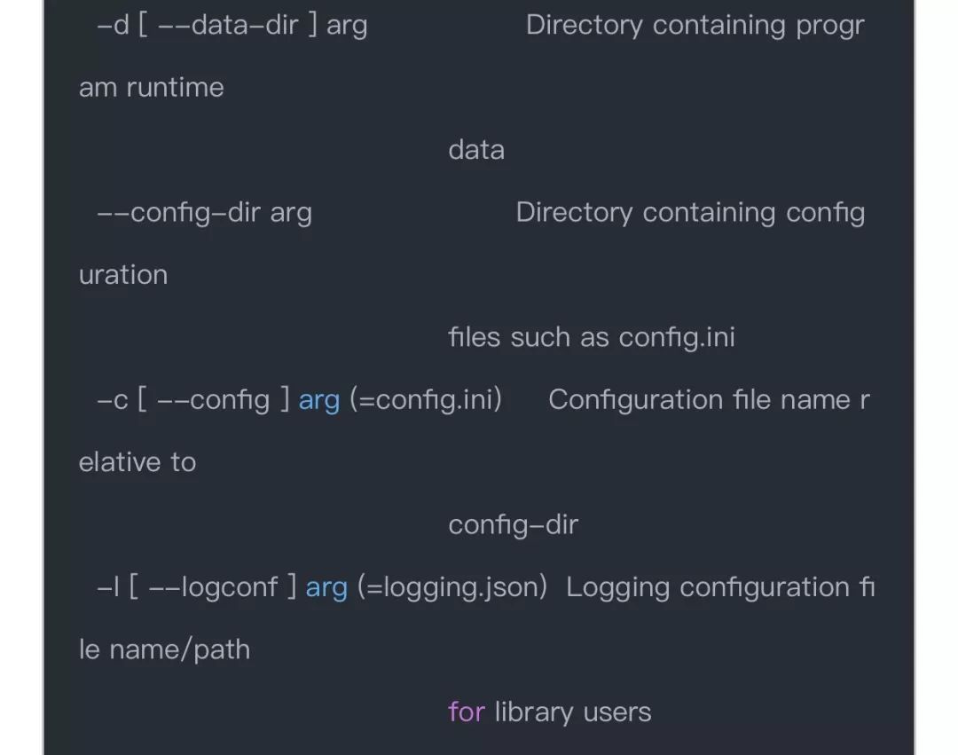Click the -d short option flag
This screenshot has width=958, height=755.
113,26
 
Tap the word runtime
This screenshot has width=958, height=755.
175,88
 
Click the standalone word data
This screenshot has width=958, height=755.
476,150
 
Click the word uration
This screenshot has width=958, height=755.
123,276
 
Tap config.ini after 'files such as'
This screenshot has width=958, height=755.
677,338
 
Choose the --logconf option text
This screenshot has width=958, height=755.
213,587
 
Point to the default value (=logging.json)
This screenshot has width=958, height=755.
452,588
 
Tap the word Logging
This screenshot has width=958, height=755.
617,588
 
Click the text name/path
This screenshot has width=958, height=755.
179,650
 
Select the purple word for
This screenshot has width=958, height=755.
467,712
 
